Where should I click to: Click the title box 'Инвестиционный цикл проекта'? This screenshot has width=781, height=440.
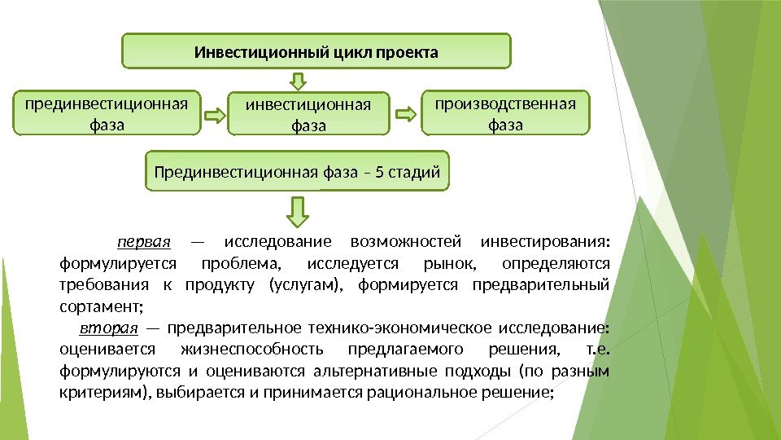316,51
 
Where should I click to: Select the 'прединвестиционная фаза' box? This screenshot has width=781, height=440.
107,112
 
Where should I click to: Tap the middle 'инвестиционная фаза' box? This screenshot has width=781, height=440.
308,113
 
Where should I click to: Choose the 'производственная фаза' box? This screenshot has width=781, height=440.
505,112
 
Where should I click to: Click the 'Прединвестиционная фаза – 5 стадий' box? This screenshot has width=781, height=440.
297,171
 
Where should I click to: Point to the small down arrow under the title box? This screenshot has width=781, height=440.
299,80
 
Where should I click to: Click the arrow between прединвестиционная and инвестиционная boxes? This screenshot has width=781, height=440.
213,116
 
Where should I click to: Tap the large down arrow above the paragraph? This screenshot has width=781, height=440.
299,210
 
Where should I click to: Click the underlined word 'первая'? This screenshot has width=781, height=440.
144,242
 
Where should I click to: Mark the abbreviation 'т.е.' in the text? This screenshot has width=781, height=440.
598,350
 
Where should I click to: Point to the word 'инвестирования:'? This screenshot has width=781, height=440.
546,242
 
